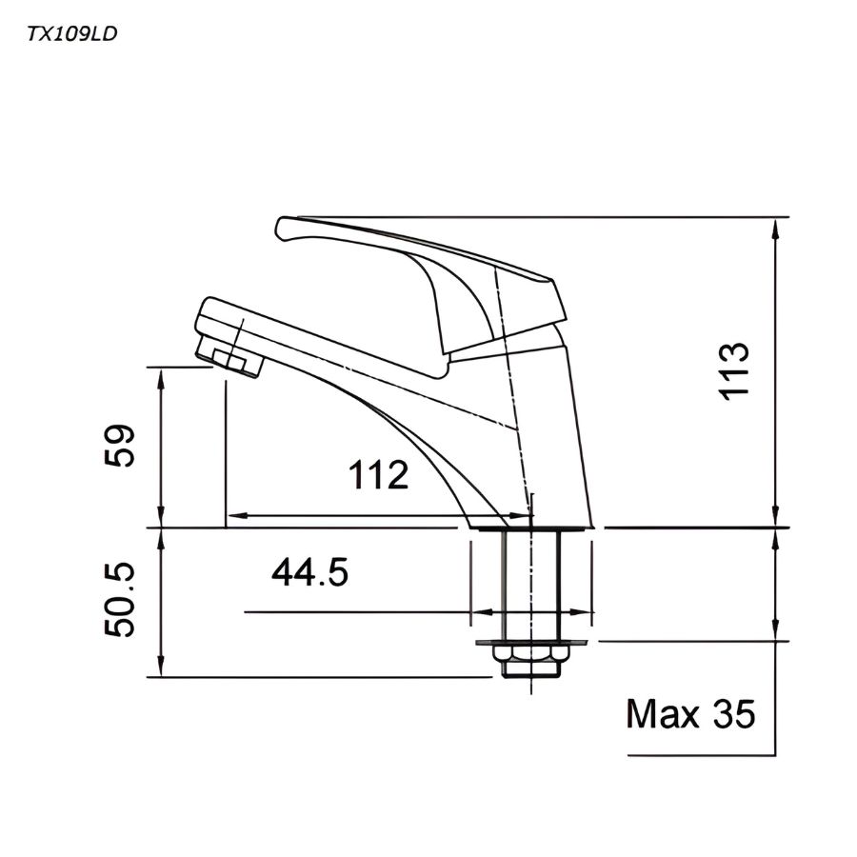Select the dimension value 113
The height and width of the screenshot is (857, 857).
(x=734, y=370)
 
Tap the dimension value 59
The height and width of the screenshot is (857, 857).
(x=120, y=446)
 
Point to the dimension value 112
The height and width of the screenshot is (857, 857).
(x=378, y=474)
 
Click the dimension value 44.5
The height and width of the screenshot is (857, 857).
(x=310, y=573)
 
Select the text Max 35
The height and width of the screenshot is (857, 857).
(x=690, y=713)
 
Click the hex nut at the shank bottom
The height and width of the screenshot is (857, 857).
(x=530, y=664)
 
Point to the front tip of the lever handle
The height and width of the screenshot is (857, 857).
(x=283, y=228)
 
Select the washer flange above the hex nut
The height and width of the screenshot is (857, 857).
(x=530, y=643)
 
